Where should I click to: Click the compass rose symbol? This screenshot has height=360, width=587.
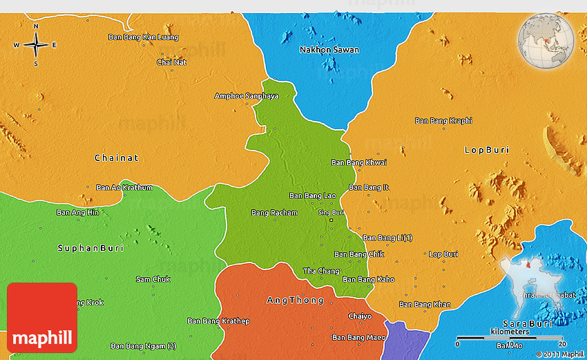point(36,45)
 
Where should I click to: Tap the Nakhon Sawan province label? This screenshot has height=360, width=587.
point(329,50)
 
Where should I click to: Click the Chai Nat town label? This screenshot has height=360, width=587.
point(171,62)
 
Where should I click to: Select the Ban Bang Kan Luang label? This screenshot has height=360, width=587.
point(144,37)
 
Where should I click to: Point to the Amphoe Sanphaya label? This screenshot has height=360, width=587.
point(247,96)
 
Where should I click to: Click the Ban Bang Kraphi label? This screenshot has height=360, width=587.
point(443,120)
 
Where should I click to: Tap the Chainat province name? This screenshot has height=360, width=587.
point(116,158)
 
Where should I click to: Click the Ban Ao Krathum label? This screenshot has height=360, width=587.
point(124,187)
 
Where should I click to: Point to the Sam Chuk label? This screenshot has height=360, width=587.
point(153,278)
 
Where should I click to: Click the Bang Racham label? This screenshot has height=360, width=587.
point(274,212)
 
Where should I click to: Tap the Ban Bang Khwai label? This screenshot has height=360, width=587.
point(359,162)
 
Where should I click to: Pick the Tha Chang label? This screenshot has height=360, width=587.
point(321,271)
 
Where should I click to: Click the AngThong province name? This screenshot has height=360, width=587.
point(295,300)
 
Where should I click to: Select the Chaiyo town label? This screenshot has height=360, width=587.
point(359,316)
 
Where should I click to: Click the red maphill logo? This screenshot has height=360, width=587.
point(42,317)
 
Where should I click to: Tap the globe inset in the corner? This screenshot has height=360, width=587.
point(547,41)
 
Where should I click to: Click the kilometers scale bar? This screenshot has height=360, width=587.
point(510,339)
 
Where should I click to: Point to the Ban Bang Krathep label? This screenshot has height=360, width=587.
point(218,321)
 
